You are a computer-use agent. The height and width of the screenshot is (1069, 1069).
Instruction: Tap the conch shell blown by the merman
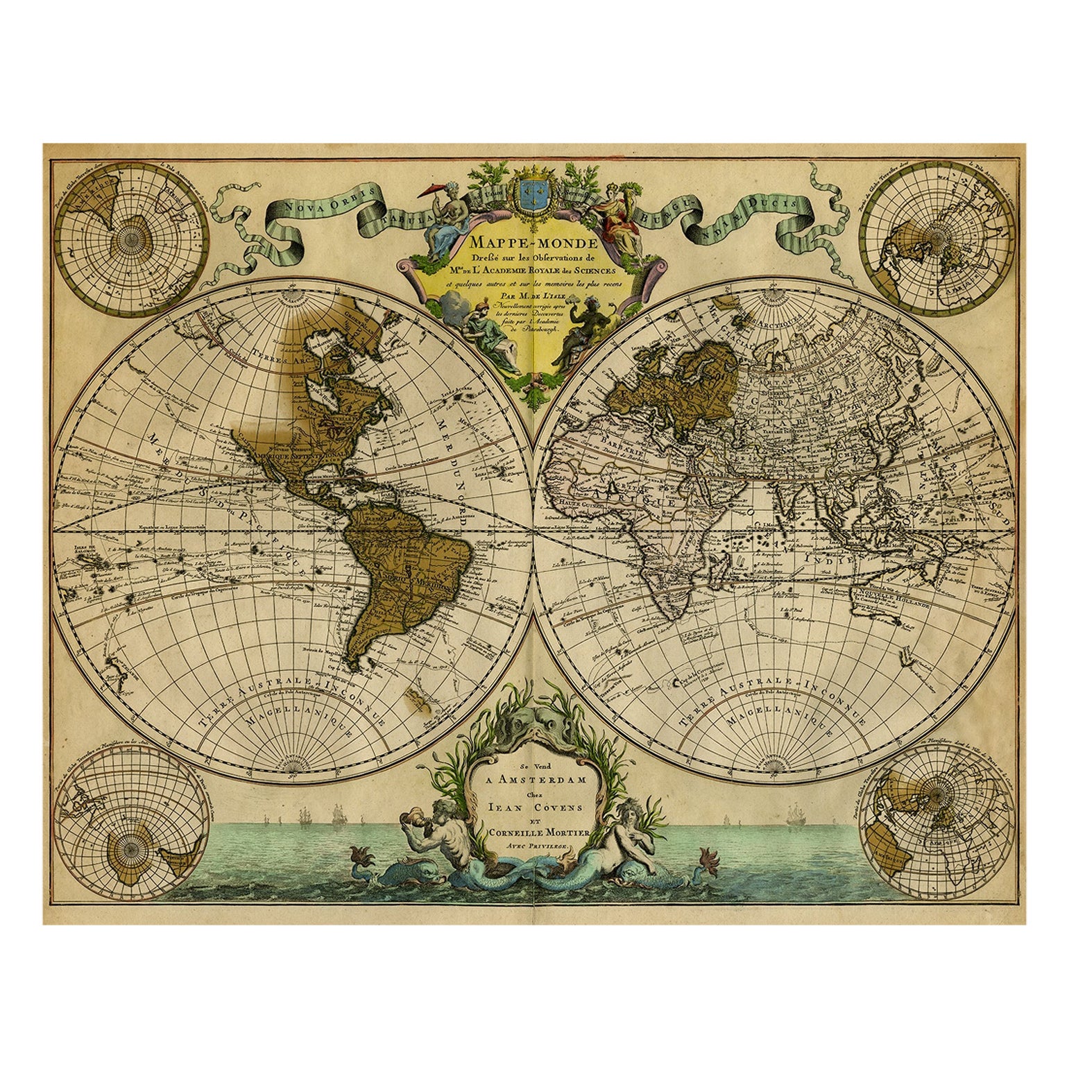pos(408,823)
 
